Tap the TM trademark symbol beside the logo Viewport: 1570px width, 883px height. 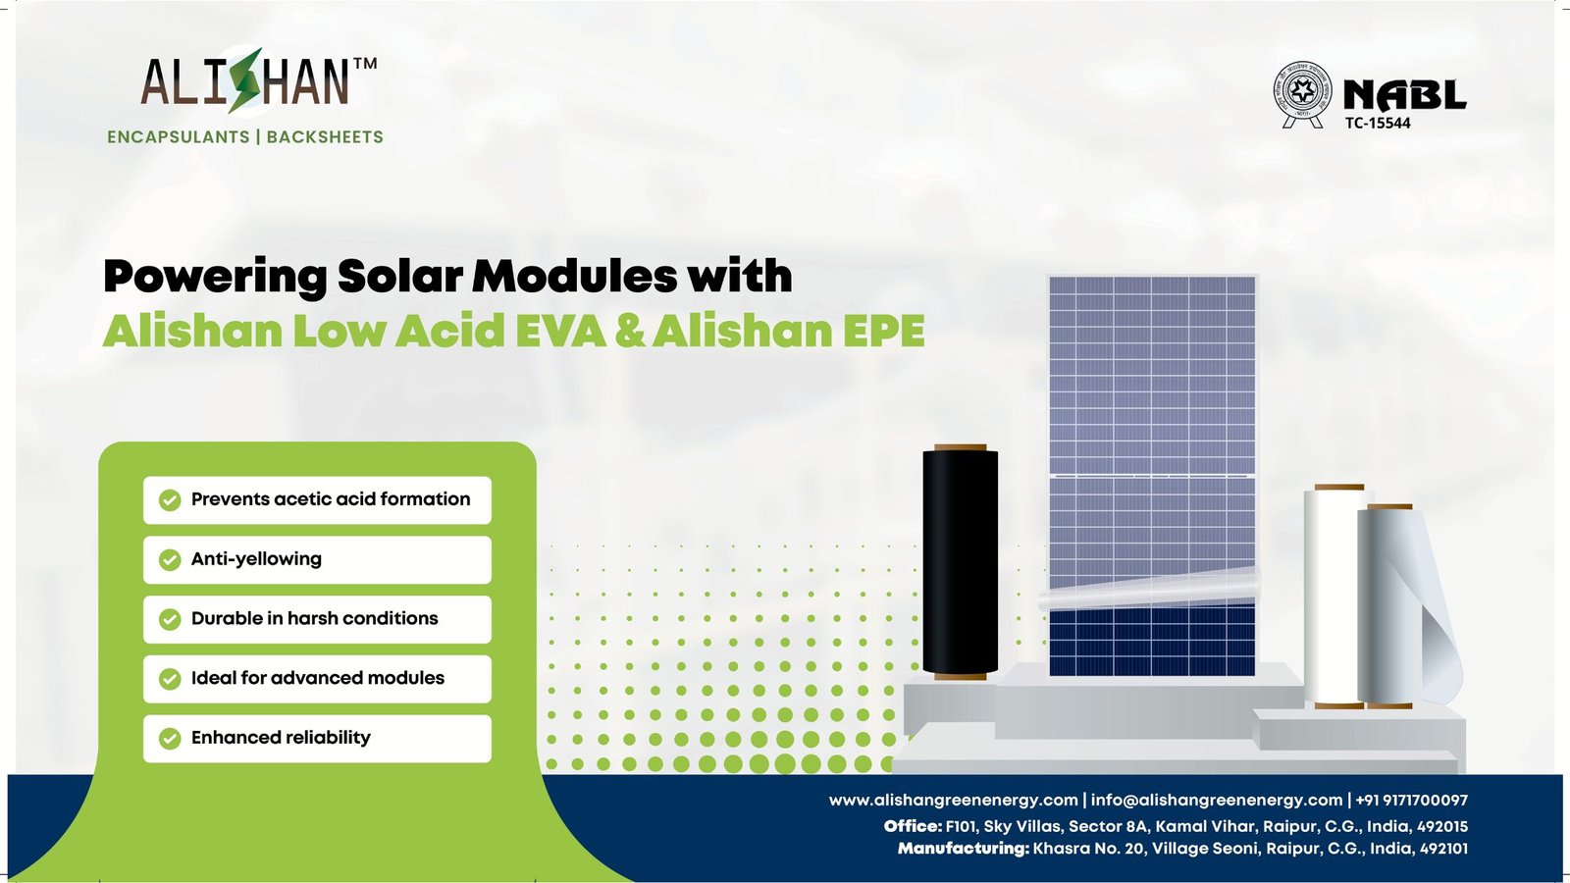[x=364, y=64]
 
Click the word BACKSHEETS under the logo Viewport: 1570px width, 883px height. [x=325, y=137]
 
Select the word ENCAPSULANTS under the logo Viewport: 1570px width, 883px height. [x=179, y=137]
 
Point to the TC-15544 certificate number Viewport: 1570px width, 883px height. [x=1378, y=124]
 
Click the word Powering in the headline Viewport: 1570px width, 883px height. [x=215, y=277]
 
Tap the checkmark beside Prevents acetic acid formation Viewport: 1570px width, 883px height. [x=170, y=500]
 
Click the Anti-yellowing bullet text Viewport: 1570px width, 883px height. [x=256, y=559]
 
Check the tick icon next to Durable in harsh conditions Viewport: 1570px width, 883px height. [x=170, y=619]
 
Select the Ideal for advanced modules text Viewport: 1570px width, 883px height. [x=317, y=678]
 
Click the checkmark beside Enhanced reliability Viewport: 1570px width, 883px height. [x=170, y=738]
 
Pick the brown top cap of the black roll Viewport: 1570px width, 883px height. [x=960, y=447]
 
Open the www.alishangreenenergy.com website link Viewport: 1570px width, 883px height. [x=953, y=801]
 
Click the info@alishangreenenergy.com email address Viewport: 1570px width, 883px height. [x=1216, y=801]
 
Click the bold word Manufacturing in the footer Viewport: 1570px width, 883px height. [x=963, y=849]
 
